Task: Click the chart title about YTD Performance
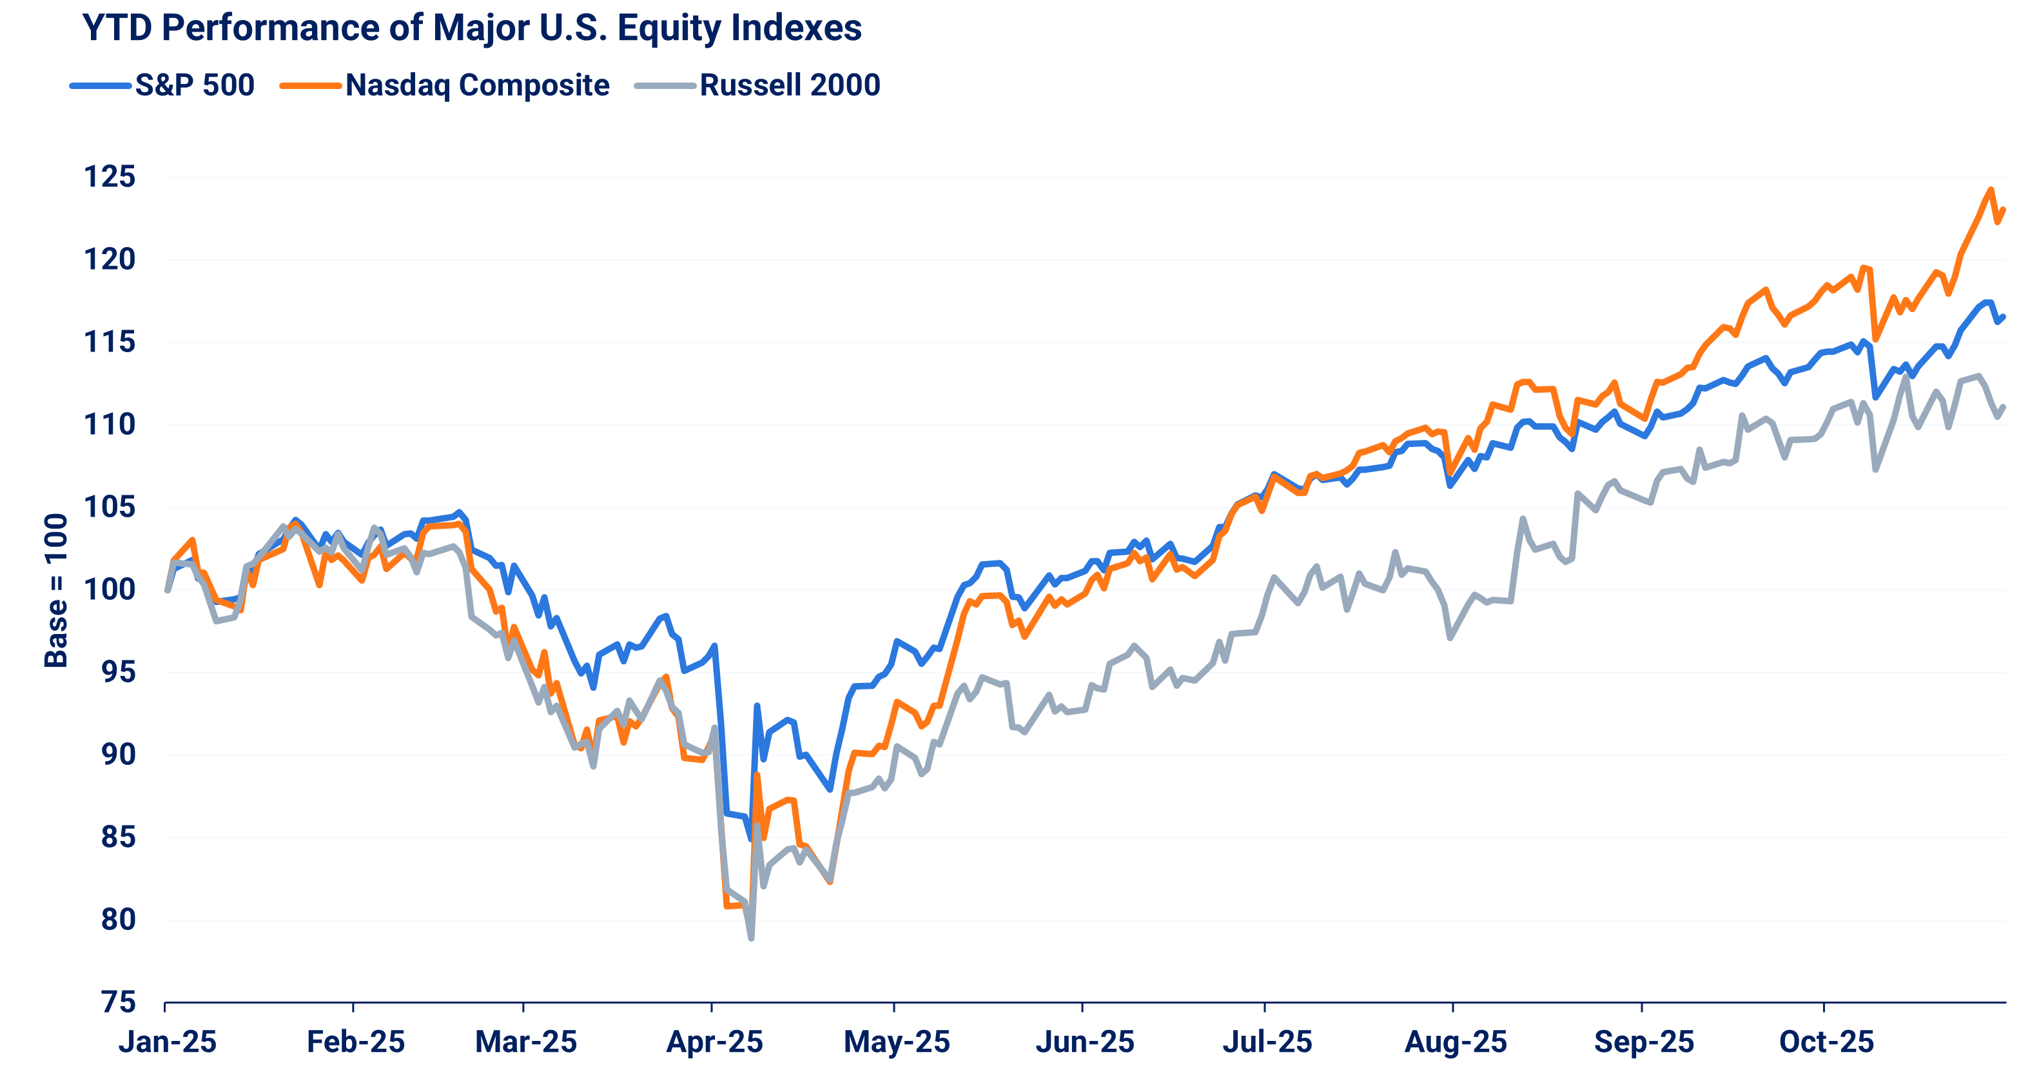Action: (472, 28)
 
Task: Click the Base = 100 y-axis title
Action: (55, 589)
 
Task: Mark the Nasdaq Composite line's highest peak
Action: (1990, 189)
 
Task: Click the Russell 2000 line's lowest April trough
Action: (750, 939)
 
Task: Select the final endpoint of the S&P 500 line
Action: (2004, 317)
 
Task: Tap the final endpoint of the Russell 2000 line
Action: (2004, 407)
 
